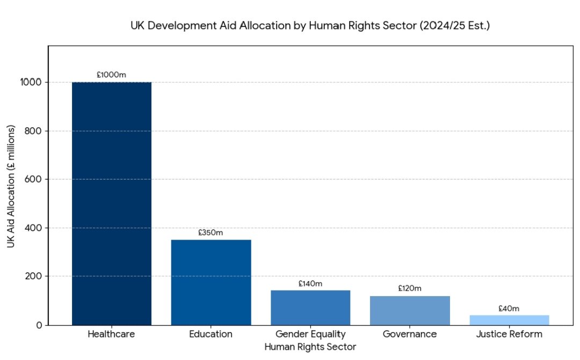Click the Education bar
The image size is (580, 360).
(x=211, y=282)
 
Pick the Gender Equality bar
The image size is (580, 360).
(x=310, y=307)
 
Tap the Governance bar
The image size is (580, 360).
(x=410, y=310)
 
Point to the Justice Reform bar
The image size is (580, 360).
(x=509, y=320)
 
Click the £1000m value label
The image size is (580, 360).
(x=112, y=75)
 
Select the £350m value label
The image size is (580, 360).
(x=211, y=233)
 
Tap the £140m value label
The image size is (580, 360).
(x=310, y=284)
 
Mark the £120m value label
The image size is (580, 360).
(x=410, y=289)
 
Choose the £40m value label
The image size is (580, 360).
(x=509, y=308)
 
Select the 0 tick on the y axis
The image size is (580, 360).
(x=39, y=325)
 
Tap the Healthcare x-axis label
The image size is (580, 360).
(x=112, y=334)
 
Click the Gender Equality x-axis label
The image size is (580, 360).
(x=310, y=334)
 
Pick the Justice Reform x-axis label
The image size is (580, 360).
(x=509, y=334)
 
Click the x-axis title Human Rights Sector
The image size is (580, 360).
(x=310, y=347)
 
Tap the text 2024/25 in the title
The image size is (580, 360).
(x=452, y=25)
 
